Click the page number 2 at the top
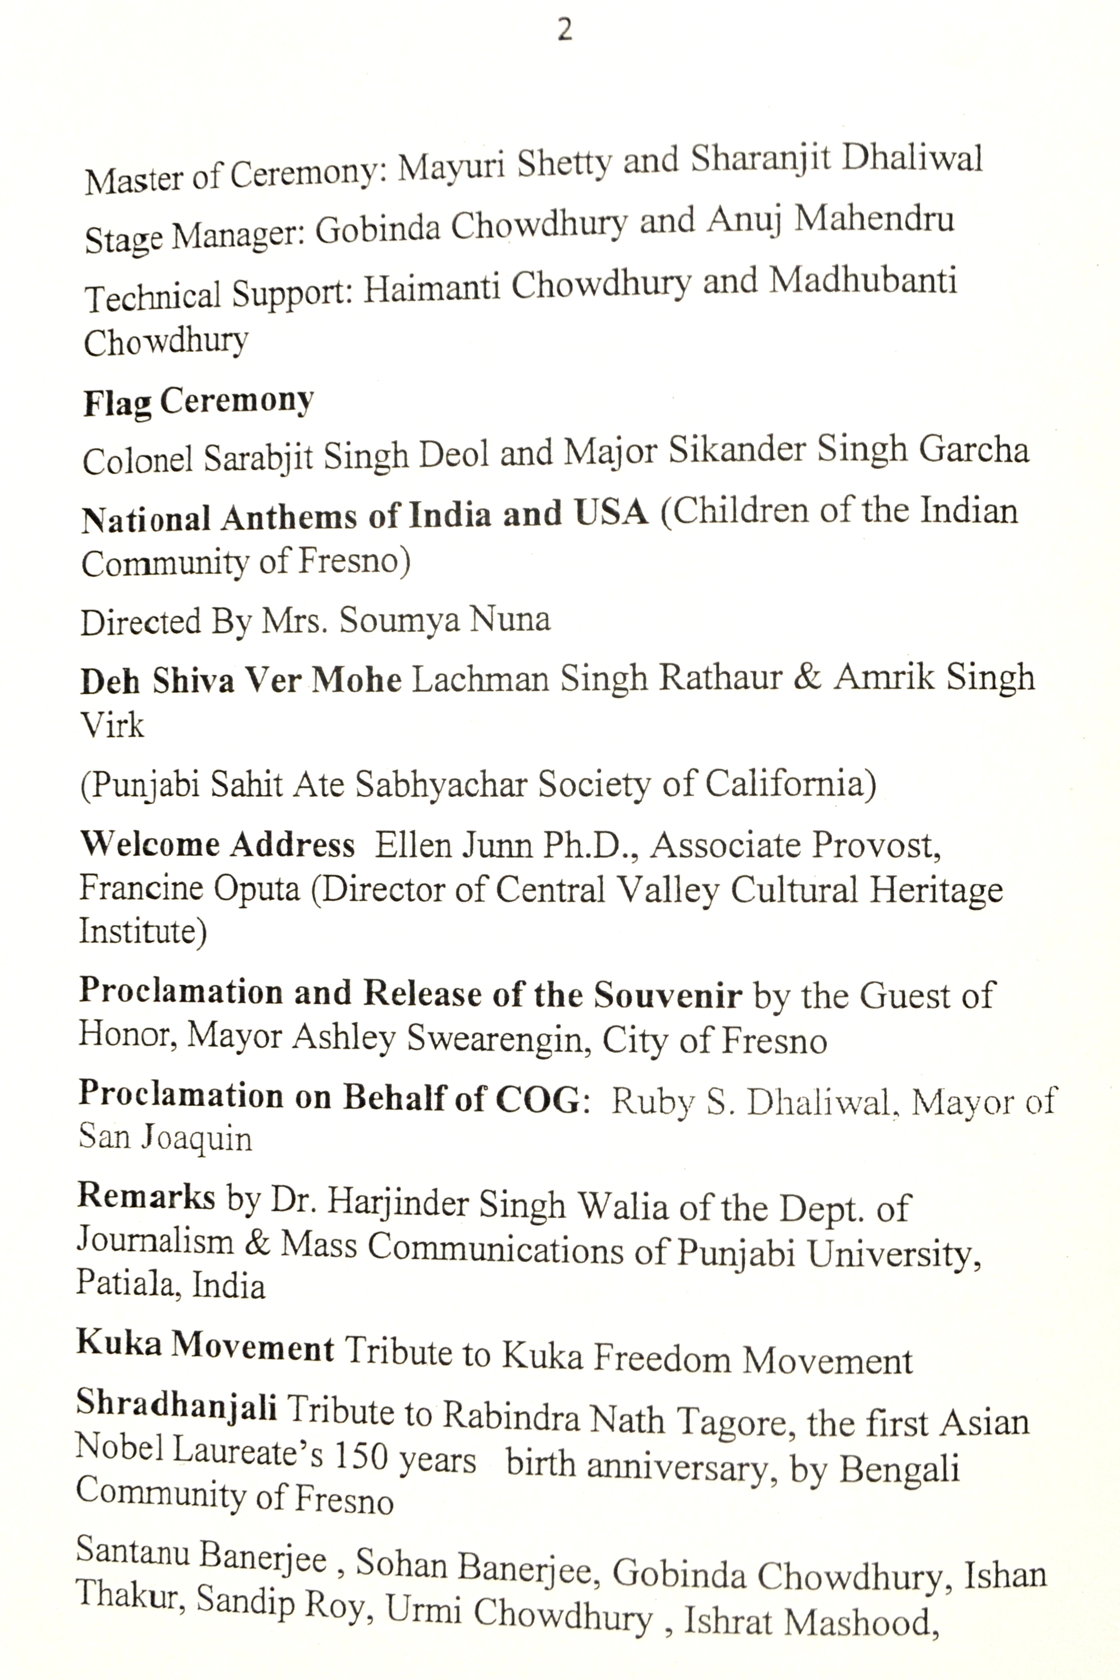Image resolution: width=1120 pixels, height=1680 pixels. pos(564,30)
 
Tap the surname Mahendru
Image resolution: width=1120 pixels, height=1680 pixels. pos(874,219)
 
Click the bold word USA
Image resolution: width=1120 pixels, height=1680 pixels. pos(612,513)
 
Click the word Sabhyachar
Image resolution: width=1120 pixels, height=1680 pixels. pos(442,783)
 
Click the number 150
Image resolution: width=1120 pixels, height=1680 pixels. pos(360,1455)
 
